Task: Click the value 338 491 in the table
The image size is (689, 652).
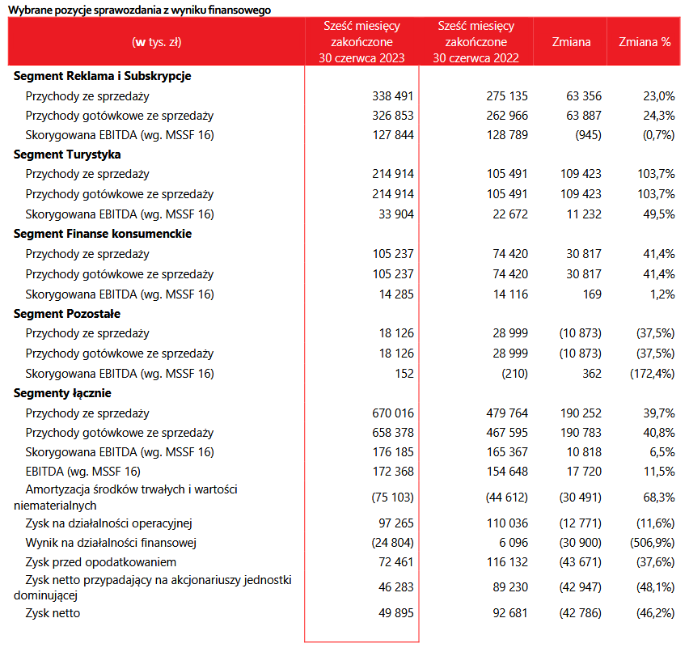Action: tap(391, 96)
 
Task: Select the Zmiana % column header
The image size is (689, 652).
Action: tap(645, 42)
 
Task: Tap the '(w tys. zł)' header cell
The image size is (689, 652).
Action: tap(157, 42)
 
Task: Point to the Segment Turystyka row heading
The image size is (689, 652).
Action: tap(67, 155)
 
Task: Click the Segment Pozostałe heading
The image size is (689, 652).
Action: tap(67, 314)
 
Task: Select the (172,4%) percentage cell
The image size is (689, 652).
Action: tap(652, 374)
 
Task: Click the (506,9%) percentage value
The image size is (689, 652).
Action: tap(652, 542)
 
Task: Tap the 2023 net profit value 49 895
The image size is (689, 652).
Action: tap(396, 613)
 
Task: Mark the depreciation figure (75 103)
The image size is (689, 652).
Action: tap(392, 497)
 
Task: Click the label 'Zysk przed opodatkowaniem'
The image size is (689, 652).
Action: tap(101, 561)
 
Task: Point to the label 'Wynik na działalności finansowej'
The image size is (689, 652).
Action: tap(112, 542)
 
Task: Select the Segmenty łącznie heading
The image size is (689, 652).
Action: tap(62, 393)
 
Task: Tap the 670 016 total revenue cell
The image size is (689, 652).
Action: tap(391, 413)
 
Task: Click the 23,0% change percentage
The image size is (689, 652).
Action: tap(657, 96)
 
